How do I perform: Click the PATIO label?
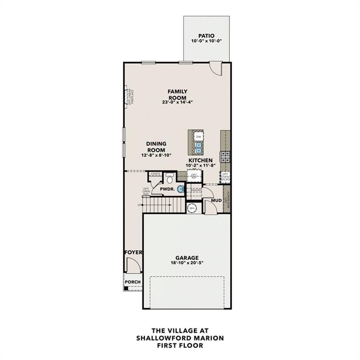(x=206, y=35)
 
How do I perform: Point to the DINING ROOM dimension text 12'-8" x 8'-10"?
(x=156, y=155)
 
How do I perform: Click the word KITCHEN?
(x=200, y=160)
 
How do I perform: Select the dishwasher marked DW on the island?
(x=198, y=136)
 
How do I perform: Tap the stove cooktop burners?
(x=225, y=157)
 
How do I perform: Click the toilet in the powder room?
(x=170, y=178)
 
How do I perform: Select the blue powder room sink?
(x=180, y=189)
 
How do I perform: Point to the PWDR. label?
(x=167, y=189)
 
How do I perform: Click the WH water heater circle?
(x=192, y=208)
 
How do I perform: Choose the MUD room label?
(x=216, y=201)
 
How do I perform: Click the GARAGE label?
(x=187, y=258)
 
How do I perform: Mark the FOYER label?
(x=133, y=253)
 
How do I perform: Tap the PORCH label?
(x=133, y=282)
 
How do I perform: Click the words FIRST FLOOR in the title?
(x=180, y=345)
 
